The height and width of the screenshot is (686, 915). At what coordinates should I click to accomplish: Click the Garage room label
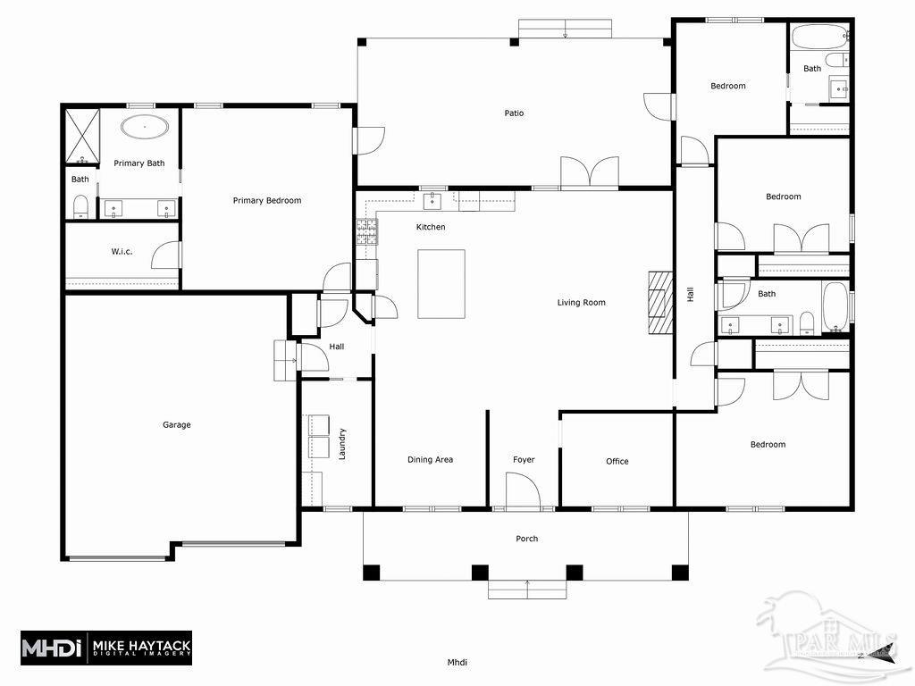176,425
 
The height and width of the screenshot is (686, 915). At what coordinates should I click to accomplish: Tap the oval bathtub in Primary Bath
145,127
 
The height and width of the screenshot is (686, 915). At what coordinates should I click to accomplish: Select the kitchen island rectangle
441,283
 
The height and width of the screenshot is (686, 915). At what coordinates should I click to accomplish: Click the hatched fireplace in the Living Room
659,301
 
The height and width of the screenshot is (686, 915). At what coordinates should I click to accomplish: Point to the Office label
617,462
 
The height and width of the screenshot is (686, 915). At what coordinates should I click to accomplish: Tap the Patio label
514,113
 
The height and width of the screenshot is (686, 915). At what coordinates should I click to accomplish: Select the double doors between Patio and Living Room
589,172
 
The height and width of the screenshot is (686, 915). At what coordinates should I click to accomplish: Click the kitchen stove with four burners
366,232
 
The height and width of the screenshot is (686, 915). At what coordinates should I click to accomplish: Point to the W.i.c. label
122,252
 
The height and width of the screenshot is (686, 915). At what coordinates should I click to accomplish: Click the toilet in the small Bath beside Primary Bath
80,207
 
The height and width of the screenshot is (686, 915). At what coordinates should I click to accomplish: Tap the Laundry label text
341,444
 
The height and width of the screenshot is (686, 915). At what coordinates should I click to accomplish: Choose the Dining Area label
430,460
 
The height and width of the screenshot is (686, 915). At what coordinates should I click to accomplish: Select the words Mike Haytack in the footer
143,643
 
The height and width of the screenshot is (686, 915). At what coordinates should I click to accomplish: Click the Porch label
527,539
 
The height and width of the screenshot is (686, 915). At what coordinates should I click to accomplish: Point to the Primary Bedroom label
267,201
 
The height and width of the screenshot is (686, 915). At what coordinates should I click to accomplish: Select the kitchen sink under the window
434,198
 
